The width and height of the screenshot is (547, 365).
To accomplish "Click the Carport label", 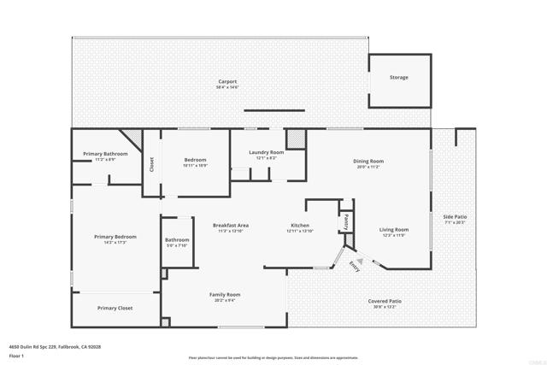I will tap(227, 81).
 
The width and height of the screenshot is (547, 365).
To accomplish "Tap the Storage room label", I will tap(398, 78).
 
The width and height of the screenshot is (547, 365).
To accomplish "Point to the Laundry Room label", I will tap(267, 152).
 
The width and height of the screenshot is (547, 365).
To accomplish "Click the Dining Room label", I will tap(368, 161).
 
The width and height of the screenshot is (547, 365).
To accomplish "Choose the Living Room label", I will tap(394, 229).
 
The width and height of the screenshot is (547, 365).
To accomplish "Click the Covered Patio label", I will tap(385, 301).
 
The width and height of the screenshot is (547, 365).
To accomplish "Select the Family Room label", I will tap(225, 294).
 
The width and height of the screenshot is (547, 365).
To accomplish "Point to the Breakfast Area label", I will tap(231, 225).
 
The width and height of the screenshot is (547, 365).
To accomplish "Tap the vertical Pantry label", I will tap(346, 221).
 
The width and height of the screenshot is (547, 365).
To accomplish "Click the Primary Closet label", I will tap(115, 308).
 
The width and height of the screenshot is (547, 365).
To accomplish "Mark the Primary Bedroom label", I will tap(115, 237).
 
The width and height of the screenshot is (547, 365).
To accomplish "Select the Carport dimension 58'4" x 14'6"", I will tap(227, 87).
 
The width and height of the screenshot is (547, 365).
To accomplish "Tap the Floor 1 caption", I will tap(16, 355).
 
